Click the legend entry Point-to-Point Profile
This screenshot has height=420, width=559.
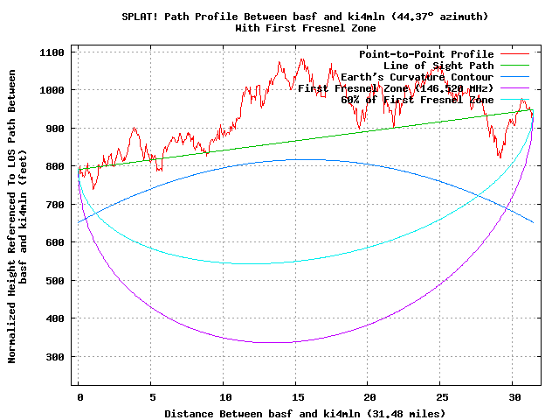426,54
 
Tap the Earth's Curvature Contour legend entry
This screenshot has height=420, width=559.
417,77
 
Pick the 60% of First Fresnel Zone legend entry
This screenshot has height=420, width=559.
417,100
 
